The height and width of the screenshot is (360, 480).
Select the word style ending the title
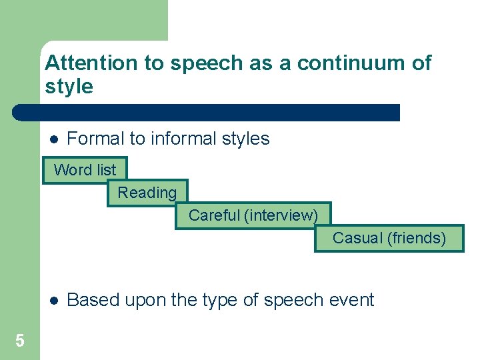pos(69,87)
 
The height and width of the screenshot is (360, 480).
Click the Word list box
pos(85,170)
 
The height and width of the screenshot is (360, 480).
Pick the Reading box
pos(147,193)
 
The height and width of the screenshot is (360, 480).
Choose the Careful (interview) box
pos(253,215)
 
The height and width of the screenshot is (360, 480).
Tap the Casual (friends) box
pos(389,238)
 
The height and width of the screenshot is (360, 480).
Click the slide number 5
pos(20,341)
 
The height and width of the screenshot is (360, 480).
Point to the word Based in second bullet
pos(92,300)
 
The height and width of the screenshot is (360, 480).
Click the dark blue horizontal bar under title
pos(207,112)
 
